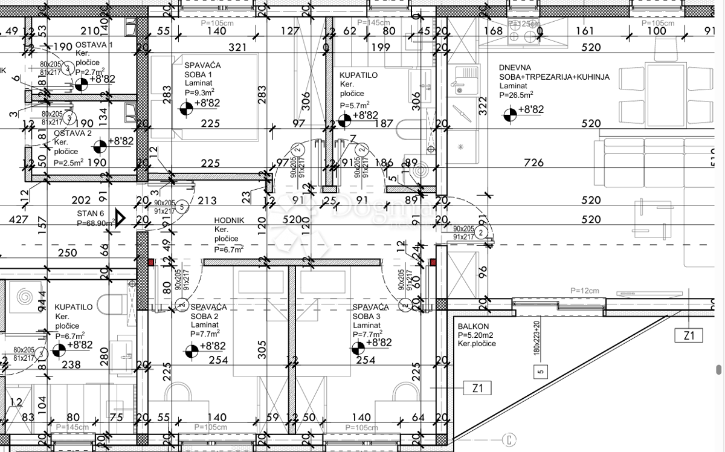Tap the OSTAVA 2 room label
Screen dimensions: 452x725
pos(72,133)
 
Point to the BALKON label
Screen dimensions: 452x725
pos(473,326)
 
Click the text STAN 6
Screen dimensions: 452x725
pos(91,213)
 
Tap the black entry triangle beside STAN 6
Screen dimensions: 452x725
pos(120,218)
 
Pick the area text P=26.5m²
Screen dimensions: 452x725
pos(516,95)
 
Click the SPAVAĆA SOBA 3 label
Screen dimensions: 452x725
pos(372,316)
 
